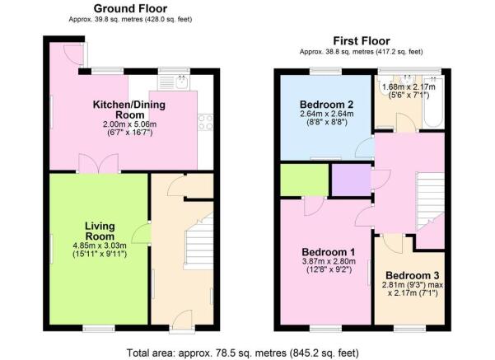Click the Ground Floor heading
(x=130, y=8)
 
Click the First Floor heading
(x=362, y=40)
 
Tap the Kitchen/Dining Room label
(x=129, y=110)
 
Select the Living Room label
(x=100, y=231)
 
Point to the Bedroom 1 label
(x=329, y=252)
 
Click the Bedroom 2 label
(x=326, y=104)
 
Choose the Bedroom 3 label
(x=413, y=275)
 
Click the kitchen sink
(x=174, y=82)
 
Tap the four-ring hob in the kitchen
(x=205, y=122)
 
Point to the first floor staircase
(x=431, y=199)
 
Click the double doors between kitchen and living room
(x=98, y=163)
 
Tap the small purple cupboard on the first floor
(x=352, y=180)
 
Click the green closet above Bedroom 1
(x=304, y=180)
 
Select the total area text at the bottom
(x=242, y=353)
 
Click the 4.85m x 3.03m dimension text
(x=100, y=245)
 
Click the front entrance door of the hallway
(x=182, y=320)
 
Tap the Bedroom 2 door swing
(x=363, y=147)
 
